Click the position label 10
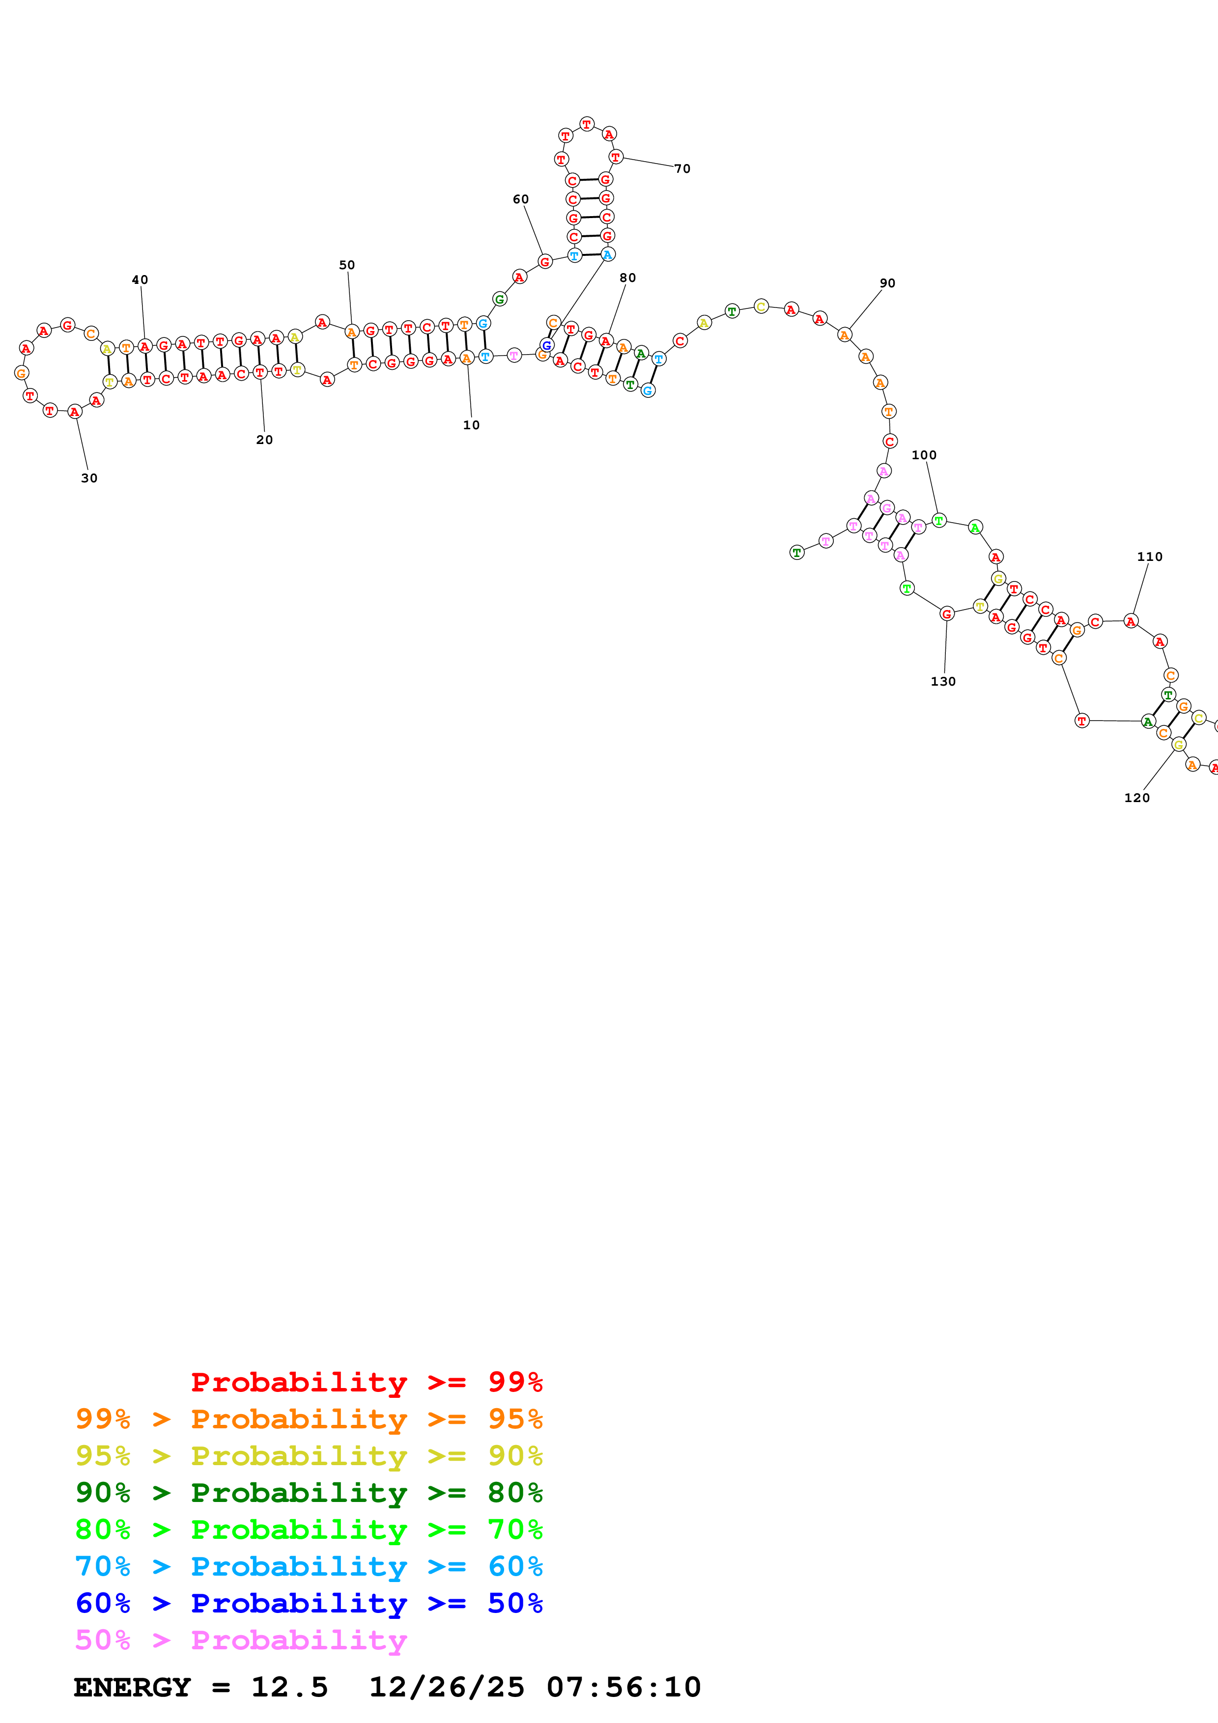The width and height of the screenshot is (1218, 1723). [x=471, y=425]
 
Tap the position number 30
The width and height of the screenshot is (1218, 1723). [x=89, y=478]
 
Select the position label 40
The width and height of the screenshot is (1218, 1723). [x=140, y=280]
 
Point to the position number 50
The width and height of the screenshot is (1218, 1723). [x=347, y=265]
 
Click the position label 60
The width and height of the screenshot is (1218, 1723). [x=521, y=199]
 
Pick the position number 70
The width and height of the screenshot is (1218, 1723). [x=682, y=169]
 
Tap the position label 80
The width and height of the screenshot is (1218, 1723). [x=627, y=278]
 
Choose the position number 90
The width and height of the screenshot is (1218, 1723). [x=887, y=283]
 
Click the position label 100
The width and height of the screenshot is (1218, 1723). [x=924, y=455]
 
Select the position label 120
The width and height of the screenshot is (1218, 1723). [x=1136, y=798]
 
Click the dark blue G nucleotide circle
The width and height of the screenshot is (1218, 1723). [x=547, y=345]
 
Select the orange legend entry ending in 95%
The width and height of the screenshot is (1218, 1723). [x=309, y=1418]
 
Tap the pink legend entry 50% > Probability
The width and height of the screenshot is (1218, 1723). [x=241, y=1640]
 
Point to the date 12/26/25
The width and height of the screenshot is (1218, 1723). [x=447, y=1687]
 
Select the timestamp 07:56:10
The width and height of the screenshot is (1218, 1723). [x=623, y=1687]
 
